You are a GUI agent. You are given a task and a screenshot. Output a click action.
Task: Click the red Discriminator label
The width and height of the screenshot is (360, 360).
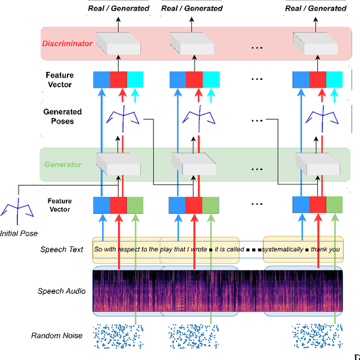coord(67,43)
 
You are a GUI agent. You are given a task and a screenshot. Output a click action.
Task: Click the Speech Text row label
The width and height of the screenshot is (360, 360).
coord(62,249)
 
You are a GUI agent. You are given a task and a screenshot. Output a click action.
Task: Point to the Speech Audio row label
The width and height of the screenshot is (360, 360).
coord(62,291)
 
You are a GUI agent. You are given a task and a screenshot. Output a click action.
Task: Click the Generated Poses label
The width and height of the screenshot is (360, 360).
coord(62,116)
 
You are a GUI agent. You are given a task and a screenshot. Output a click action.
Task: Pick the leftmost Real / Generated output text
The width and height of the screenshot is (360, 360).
coord(119,8)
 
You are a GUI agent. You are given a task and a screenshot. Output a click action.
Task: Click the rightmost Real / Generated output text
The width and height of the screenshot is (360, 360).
coord(316,8)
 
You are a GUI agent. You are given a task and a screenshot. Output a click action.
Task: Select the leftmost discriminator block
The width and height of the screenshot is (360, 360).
coord(118,43)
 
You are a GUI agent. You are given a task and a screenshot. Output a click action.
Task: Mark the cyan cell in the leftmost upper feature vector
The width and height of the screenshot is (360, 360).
coord(136,79)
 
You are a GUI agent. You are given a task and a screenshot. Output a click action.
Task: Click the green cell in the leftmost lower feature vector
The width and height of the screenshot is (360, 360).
coord(136,205)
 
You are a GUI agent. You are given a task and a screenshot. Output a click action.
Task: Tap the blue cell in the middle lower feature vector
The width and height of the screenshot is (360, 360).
coord(178,205)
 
